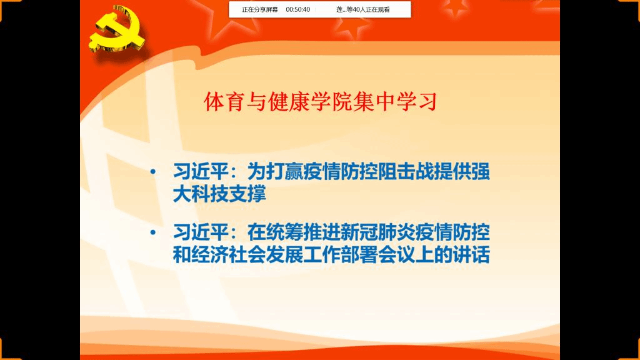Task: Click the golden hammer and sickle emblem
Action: [x=117, y=29]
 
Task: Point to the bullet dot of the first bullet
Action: [x=153, y=172]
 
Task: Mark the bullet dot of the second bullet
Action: [x=153, y=232]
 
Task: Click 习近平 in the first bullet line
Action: [x=201, y=172]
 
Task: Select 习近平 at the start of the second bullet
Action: [x=201, y=232]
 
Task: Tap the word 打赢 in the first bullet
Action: [x=284, y=172]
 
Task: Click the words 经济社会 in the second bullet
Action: [x=229, y=255]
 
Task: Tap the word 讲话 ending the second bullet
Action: [x=471, y=255]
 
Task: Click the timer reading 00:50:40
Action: [x=298, y=9]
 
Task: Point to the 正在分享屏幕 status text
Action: [x=260, y=9]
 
